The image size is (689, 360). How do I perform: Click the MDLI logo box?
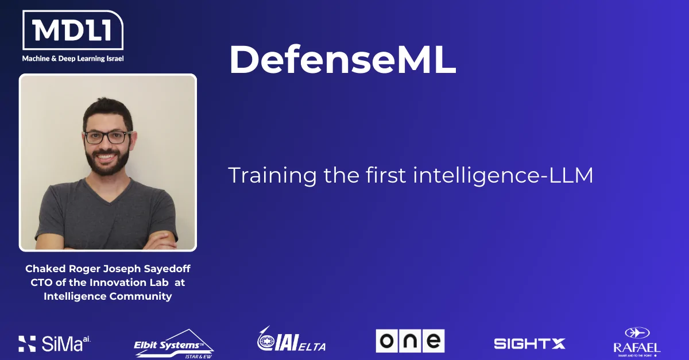tap(73, 30)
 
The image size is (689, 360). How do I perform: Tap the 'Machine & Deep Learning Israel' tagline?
tap(73, 59)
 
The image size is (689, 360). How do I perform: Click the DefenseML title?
tap(342, 59)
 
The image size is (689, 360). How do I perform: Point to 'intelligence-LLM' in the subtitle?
tap(503, 175)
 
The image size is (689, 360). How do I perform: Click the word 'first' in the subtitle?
tap(386, 175)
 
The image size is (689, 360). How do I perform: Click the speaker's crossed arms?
tap(108, 241)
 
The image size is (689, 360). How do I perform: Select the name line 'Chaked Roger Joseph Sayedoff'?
tap(108, 269)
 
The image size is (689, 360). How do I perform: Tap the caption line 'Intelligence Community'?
tap(108, 296)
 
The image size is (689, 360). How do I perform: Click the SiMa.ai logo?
tap(55, 343)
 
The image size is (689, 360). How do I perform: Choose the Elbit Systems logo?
tap(174, 344)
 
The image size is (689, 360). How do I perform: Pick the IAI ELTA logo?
tap(291, 339)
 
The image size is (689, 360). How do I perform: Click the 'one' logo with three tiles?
tap(410, 341)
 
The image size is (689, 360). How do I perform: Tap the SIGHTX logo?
tap(529, 344)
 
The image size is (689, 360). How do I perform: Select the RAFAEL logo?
tap(637, 342)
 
